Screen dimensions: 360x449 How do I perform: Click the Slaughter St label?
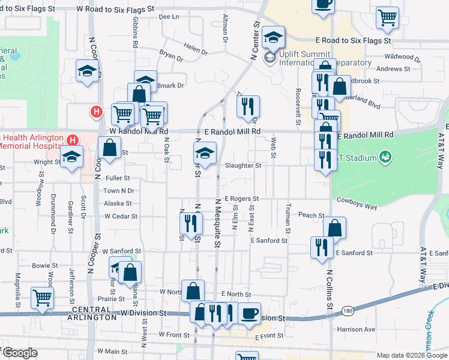(x=243, y=166)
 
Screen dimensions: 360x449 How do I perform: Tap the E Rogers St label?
(x=241, y=199)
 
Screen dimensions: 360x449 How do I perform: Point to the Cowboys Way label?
(x=357, y=203)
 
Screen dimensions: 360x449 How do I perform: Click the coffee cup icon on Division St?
(x=249, y=313)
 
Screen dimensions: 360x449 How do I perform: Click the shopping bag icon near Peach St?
(x=334, y=228)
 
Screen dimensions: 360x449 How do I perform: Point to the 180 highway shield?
(x=348, y=311)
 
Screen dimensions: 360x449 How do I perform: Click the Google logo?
(x=19, y=353)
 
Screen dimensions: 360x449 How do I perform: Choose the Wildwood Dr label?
(x=403, y=57)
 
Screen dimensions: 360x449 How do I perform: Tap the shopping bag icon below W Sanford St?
(x=130, y=272)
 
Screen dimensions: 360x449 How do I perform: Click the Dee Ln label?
(x=170, y=17)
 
